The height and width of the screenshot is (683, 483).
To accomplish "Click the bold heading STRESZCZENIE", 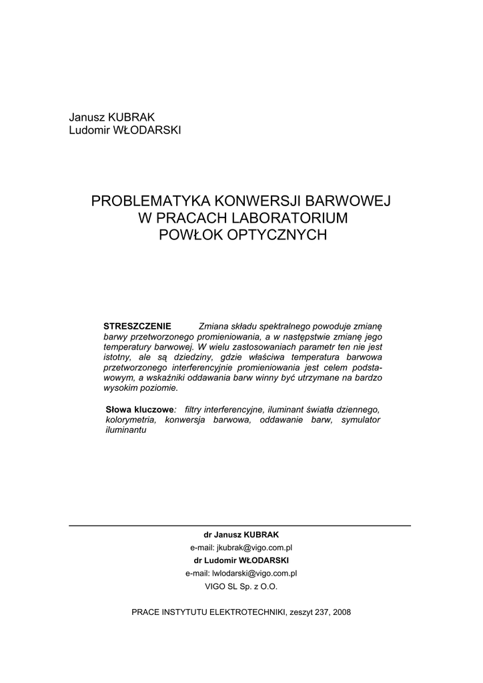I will pos(137,326).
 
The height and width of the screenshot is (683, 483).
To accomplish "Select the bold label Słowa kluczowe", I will pos(139,409).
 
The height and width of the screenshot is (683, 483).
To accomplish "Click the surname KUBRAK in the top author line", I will pos(135,117).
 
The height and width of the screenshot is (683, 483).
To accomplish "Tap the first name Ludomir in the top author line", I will pos(91,129).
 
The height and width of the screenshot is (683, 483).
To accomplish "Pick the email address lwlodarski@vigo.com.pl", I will pos(254,573).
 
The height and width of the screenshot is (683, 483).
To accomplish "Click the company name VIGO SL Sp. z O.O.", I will pos(241,586).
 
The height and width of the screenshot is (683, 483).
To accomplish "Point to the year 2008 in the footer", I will pos(341,612).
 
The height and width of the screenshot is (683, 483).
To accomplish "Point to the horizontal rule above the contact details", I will pos(240,526).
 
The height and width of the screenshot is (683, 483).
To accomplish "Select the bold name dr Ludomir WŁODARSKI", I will pos(241,560).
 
